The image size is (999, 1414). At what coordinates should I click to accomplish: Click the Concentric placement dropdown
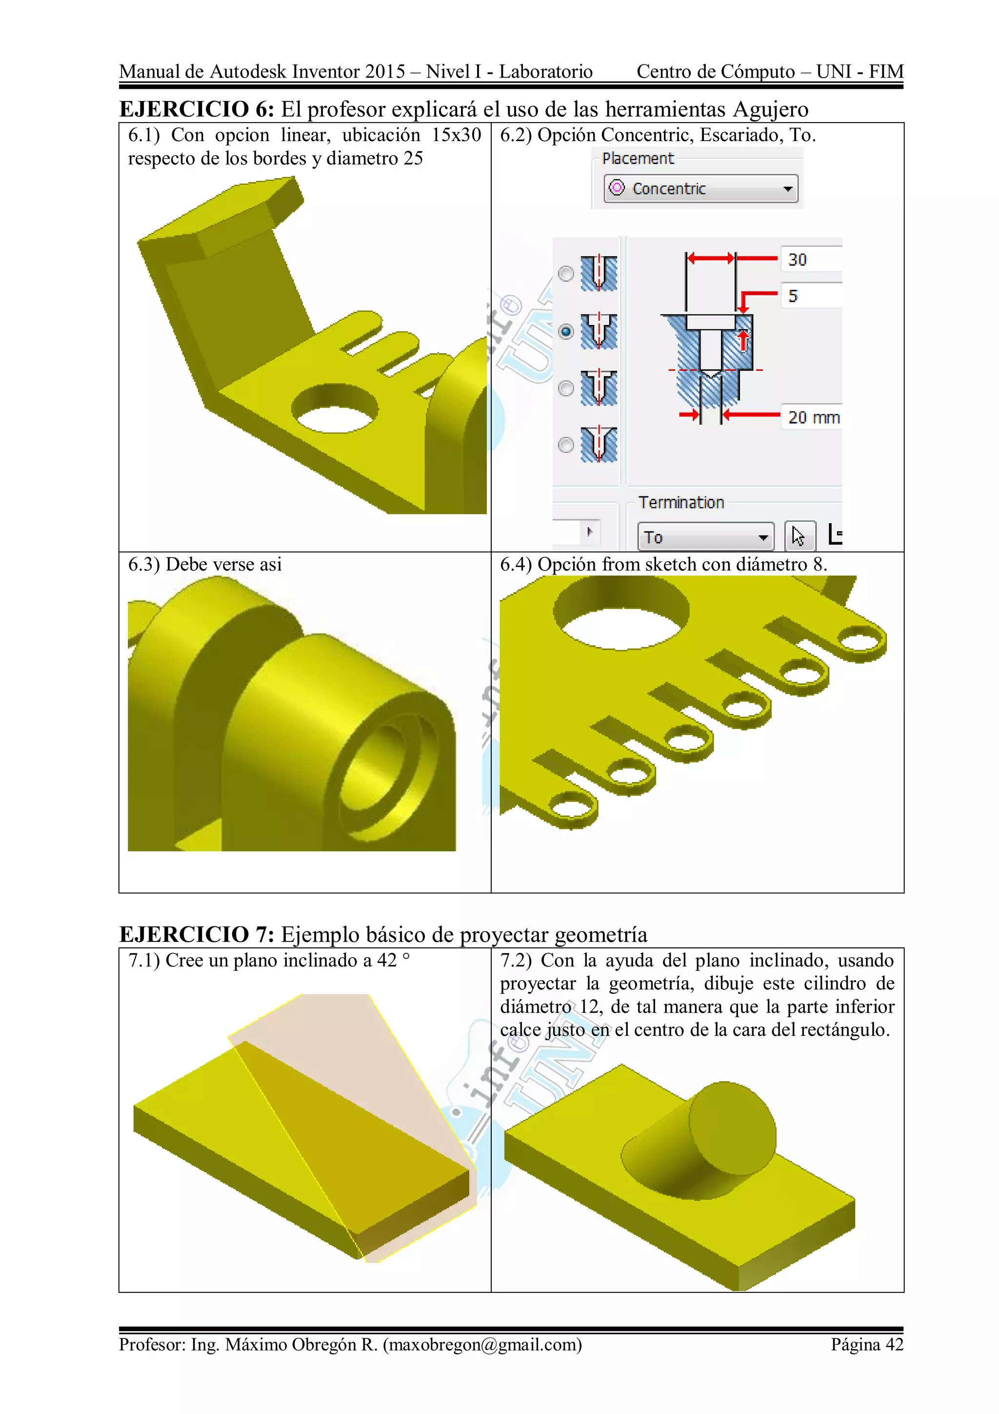[x=700, y=188]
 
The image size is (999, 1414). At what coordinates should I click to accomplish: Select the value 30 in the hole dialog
[x=798, y=260]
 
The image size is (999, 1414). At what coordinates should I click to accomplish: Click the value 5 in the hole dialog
[x=794, y=296]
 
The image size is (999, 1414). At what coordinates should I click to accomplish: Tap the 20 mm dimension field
[x=813, y=417]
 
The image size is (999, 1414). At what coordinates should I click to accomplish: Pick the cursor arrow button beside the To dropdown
[x=799, y=536]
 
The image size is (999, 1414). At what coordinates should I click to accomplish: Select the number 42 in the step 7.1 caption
[x=387, y=960]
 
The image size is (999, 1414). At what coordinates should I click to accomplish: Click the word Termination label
[x=681, y=503]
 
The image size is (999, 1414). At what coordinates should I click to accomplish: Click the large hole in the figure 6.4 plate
[x=620, y=613]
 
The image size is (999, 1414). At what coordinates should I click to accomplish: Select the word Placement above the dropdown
[x=638, y=159]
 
